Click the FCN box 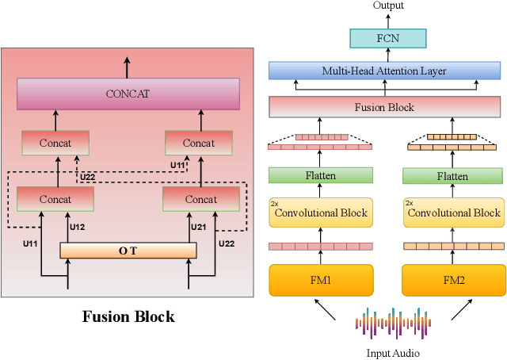(388, 39)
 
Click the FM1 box (320, 280)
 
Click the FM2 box (454, 280)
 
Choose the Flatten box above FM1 (320, 176)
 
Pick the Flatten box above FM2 (454, 176)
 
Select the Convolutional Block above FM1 (320, 213)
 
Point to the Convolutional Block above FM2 (454, 213)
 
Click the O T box (128, 251)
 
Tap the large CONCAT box (128, 94)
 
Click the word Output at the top (388, 6)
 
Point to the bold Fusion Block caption (128, 317)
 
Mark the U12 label (77, 228)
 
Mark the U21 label (198, 228)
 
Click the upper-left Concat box (55, 143)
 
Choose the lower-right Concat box (200, 199)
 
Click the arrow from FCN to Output (388, 20)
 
